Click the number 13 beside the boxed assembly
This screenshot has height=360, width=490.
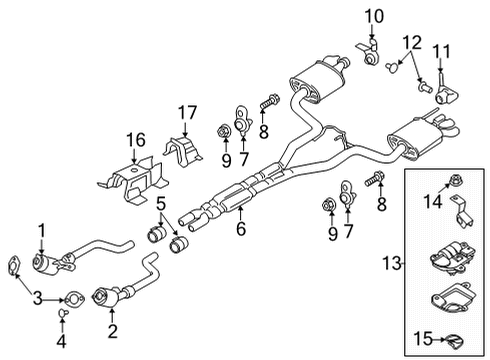tap(392, 263)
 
